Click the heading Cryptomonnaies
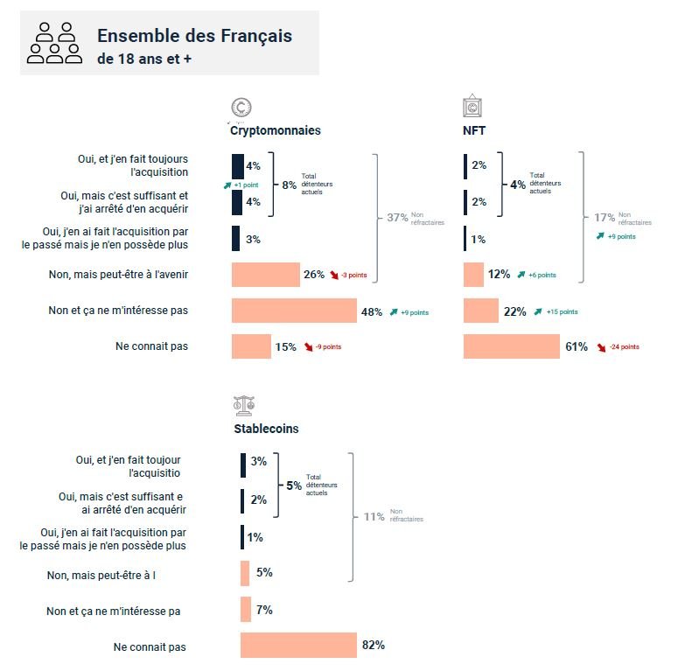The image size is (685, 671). coord(275,130)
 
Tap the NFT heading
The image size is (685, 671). coord(474,130)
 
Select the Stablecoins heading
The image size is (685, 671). coord(266,429)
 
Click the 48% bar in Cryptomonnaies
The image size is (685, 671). coord(295,311)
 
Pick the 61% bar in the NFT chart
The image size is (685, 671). coord(511,346)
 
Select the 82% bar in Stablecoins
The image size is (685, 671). coord(298,646)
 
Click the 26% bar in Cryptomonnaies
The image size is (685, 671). coord(265,275)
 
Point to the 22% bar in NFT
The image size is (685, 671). coord(480,311)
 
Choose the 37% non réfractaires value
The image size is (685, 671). coord(397,218)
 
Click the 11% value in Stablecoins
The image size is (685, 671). coord(374,517)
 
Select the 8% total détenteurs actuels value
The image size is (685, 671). coord(289,184)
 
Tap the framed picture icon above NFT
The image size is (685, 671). coord(472,107)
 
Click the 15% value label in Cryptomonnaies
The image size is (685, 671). coord(285,346)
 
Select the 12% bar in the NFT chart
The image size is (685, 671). coord(473,275)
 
